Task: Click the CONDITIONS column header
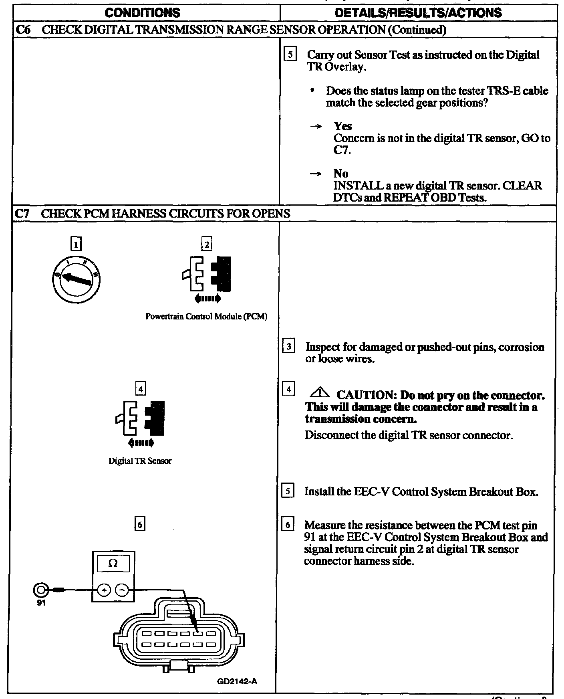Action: [142, 12]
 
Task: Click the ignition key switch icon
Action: [76, 279]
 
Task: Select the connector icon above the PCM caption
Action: [207, 274]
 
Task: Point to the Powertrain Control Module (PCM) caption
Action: [206, 317]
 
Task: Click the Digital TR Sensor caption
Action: [140, 461]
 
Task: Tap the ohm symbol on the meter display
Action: [113, 563]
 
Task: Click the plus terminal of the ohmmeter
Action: [104, 590]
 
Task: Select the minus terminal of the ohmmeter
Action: [122, 590]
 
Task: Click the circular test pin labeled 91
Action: [40, 590]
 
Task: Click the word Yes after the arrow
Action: [343, 126]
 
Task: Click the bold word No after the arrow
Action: [341, 174]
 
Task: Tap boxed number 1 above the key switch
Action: [76, 244]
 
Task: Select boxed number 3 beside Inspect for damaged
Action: [289, 345]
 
